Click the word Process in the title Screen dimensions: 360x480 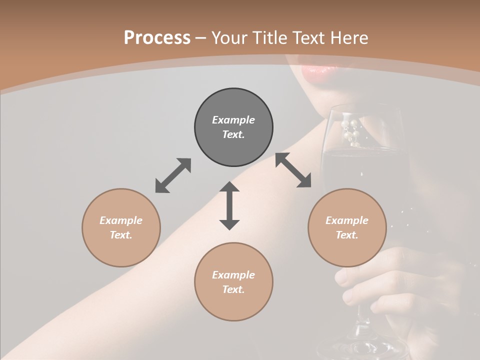tap(157, 37)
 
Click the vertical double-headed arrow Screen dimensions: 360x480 tap(229, 205)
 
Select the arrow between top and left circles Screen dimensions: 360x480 tap(173, 175)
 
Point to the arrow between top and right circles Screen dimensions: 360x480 tap(293, 170)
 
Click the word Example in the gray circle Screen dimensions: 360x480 tap(233, 120)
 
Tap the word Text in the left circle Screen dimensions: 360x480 tap(121, 235)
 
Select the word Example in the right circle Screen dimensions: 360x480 tap(347, 220)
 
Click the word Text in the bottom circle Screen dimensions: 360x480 tap(233, 289)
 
